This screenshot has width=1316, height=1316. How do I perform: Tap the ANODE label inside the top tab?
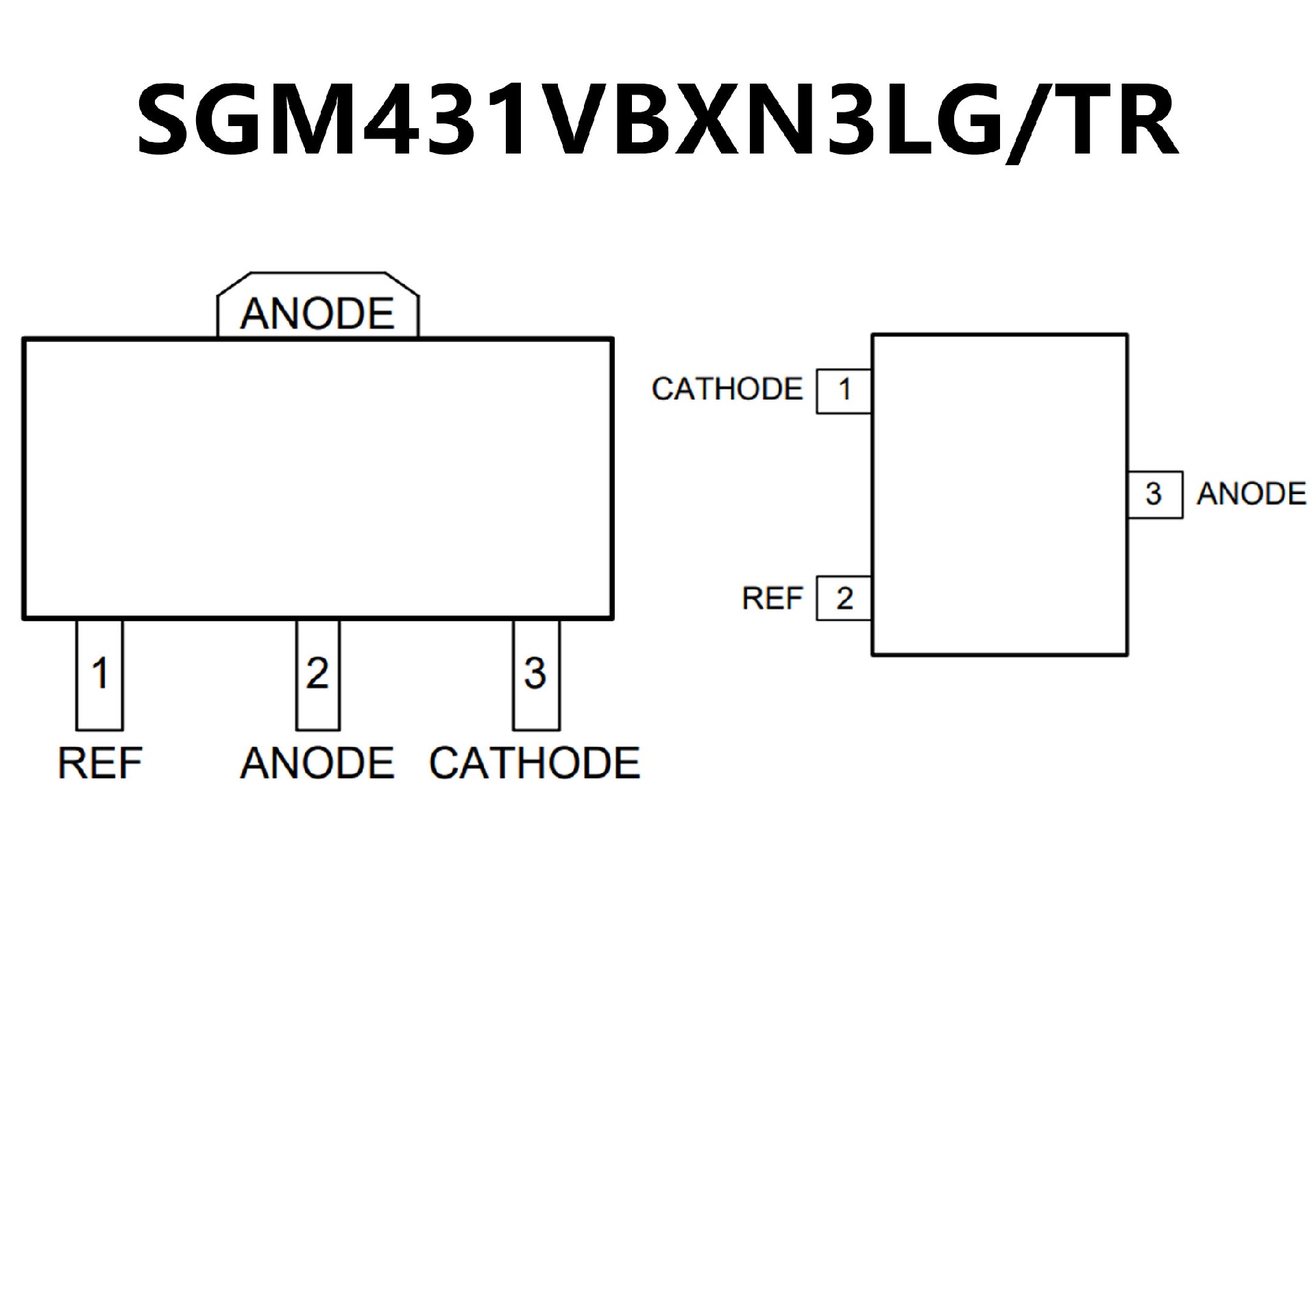pyautogui.click(x=317, y=314)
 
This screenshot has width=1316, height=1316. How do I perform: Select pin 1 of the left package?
pyautogui.click(x=100, y=675)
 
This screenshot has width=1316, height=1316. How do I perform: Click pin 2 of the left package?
pyautogui.click(x=317, y=675)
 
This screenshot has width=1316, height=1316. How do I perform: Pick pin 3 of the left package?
pyautogui.click(x=536, y=675)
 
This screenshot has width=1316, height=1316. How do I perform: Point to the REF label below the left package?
pyautogui.click(x=100, y=764)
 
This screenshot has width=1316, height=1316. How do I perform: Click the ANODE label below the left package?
pyautogui.click(x=317, y=764)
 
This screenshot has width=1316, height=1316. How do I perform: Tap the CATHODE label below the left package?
pyautogui.click(x=535, y=764)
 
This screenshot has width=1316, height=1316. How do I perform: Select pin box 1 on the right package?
pyautogui.click(x=844, y=391)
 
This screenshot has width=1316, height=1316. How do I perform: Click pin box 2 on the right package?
pyautogui.click(x=844, y=599)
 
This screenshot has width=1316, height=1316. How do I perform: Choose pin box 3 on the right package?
pyautogui.click(x=1155, y=495)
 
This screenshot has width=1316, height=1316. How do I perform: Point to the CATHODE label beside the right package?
pyautogui.click(x=727, y=390)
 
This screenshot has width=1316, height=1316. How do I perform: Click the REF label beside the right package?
pyautogui.click(x=772, y=599)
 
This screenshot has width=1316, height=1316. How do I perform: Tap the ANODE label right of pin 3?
pyautogui.click(x=1252, y=495)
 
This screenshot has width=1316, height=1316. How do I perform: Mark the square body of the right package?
pyautogui.click(x=999, y=495)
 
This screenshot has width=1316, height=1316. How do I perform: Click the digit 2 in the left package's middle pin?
pyautogui.click(x=317, y=673)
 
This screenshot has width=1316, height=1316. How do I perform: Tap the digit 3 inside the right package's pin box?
pyautogui.click(x=1154, y=495)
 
